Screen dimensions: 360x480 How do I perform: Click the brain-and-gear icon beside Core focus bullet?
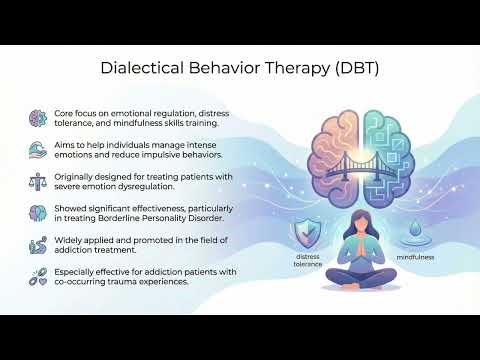pos(38,117)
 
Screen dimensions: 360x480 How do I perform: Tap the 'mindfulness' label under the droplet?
pos(412,257)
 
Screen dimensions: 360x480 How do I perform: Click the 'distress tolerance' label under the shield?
pos(309,262)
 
